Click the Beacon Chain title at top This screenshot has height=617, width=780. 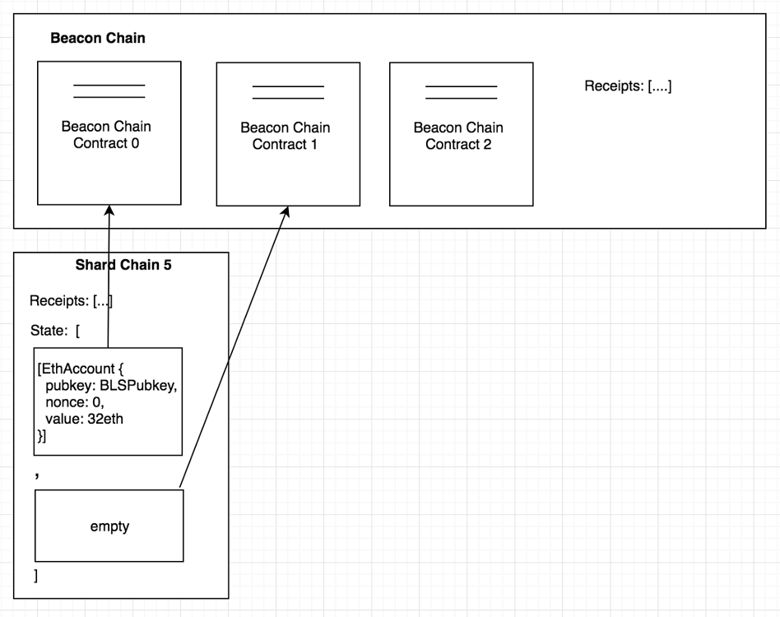click(x=98, y=39)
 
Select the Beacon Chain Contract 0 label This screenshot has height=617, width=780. click(x=106, y=135)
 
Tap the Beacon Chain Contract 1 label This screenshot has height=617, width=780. click(x=285, y=137)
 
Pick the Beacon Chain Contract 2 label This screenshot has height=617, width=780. click(x=458, y=137)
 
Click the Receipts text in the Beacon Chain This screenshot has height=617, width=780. click(x=628, y=86)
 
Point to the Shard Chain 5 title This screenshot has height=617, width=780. click(x=123, y=265)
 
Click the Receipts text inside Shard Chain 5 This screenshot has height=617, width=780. click(x=71, y=301)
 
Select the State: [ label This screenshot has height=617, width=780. click(x=55, y=331)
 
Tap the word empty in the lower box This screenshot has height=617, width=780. click(x=109, y=527)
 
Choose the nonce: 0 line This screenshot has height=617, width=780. click(x=75, y=403)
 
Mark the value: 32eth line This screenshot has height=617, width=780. click(x=85, y=419)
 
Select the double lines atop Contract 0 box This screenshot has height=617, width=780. click(x=109, y=91)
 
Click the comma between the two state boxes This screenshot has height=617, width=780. click(x=37, y=475)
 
